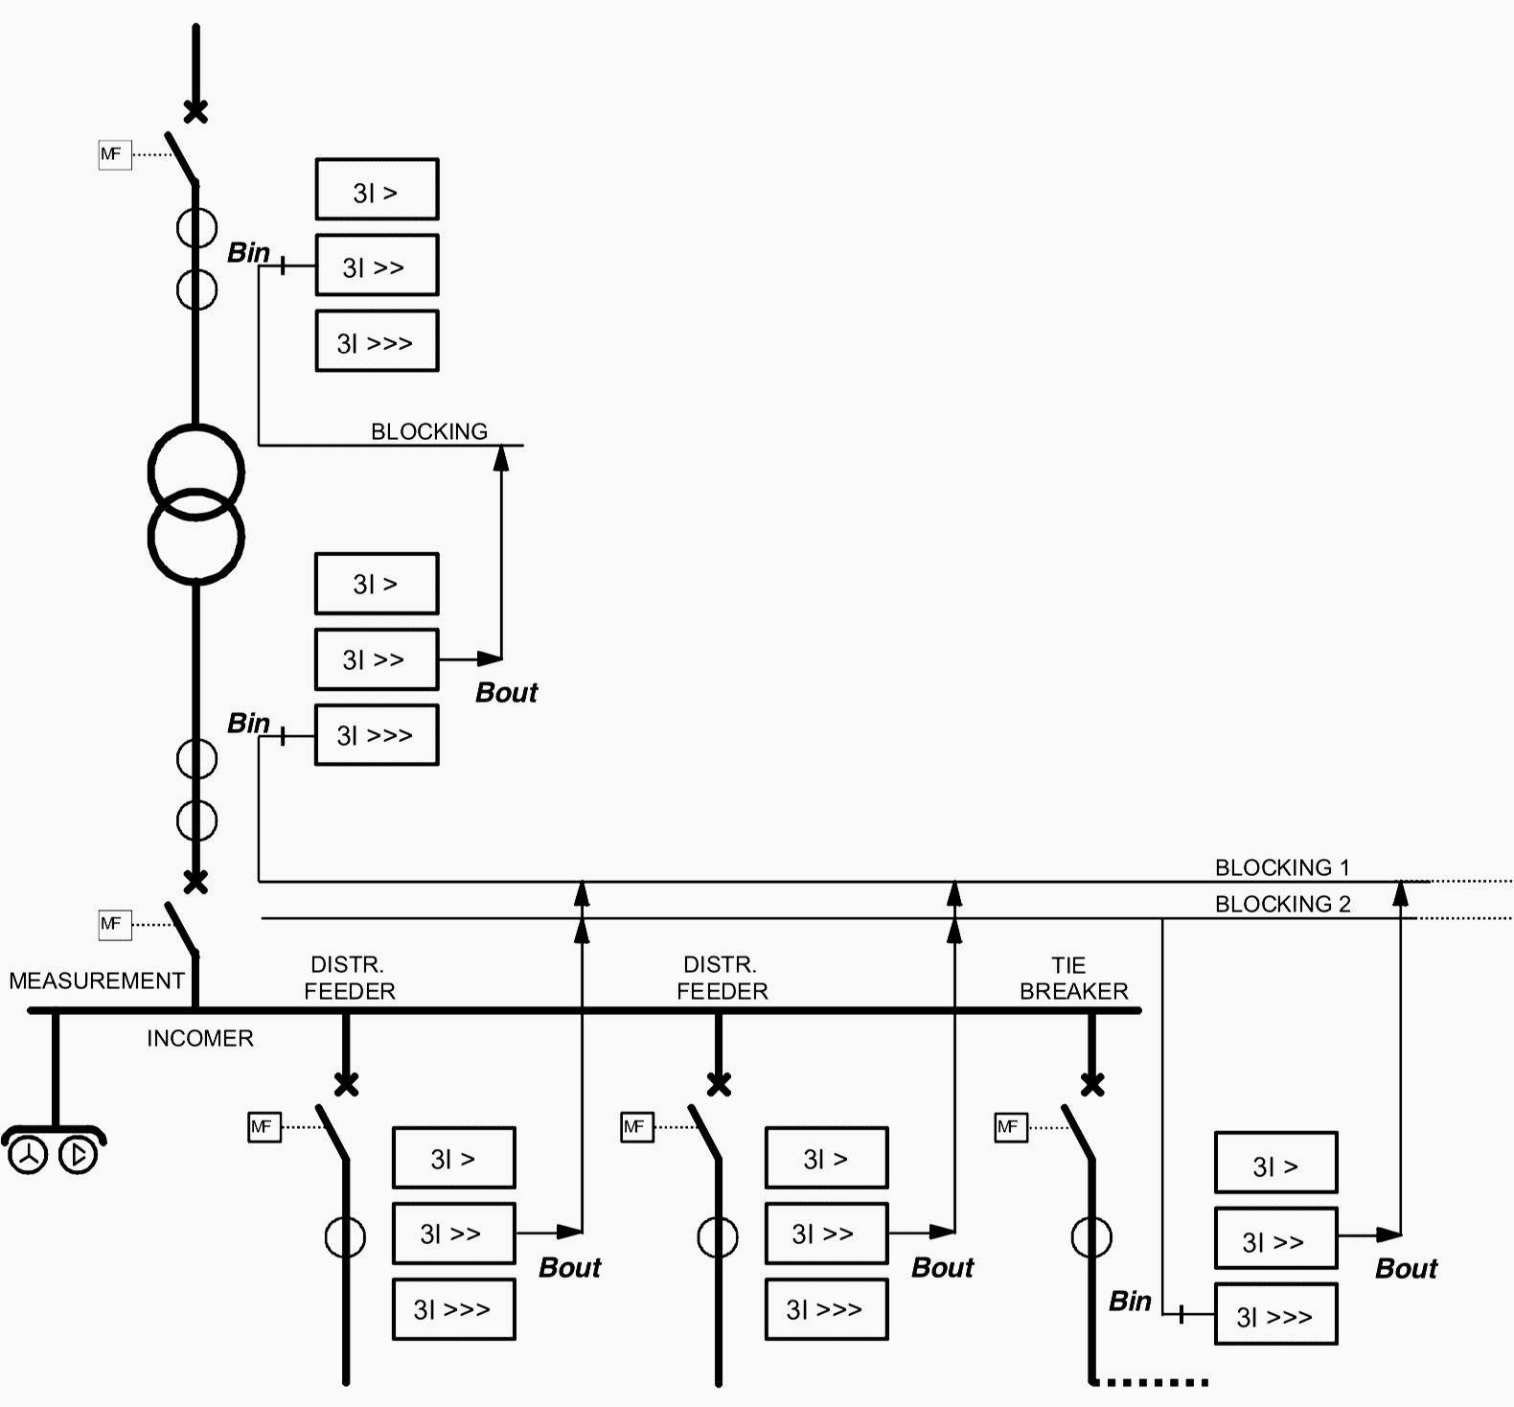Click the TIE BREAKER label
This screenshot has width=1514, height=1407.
point(1073,979)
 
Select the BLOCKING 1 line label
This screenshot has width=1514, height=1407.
point(1282,867)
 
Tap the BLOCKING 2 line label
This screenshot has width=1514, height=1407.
point(1282,904)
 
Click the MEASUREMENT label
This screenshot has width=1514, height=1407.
point(96,980)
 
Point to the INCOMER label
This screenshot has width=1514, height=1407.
point(199,1038)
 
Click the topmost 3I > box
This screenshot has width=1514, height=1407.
point(377,190)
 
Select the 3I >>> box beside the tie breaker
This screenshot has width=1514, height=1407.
point(1275,1314)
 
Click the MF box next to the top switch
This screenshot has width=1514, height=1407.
point(114,153)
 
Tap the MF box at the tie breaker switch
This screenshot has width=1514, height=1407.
point(1011,1127)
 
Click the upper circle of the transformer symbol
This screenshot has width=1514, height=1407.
point(196,471)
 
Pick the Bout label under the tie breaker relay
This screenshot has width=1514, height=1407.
point(1406,1269)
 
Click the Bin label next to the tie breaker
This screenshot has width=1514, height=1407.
point(1130,1301)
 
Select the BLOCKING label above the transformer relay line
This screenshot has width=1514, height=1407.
point(428,431)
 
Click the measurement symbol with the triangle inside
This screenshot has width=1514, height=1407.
point(79,1155)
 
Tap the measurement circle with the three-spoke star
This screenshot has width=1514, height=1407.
point(28,1155)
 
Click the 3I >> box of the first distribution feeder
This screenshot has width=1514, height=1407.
point(453,1234)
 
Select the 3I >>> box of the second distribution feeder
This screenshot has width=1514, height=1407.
point(826,1308)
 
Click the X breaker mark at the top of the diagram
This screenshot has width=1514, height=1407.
point(195,111)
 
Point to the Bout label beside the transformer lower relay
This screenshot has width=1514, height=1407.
point(506,692)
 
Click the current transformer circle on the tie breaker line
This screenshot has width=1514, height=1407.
point(1091,1237)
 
